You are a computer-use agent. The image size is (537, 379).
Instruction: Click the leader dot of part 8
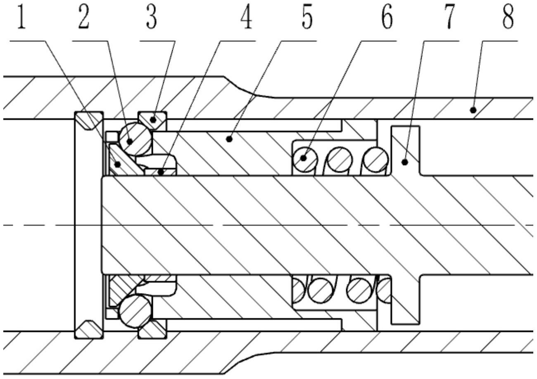(x=473, y=110)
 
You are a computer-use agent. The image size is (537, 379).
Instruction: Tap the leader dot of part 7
(x=405, y=162)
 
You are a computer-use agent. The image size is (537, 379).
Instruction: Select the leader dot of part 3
(x=153, y=119)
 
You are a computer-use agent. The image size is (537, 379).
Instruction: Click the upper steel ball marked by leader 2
(x=135, y=138)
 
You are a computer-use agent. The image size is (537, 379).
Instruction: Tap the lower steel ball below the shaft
(x=135, y=311)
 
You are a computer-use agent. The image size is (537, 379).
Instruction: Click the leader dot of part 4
(x=161, y=172)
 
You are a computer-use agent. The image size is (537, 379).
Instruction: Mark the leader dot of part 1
(x=117, y=164)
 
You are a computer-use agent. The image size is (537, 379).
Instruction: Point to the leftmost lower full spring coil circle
(x=320, y=291)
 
